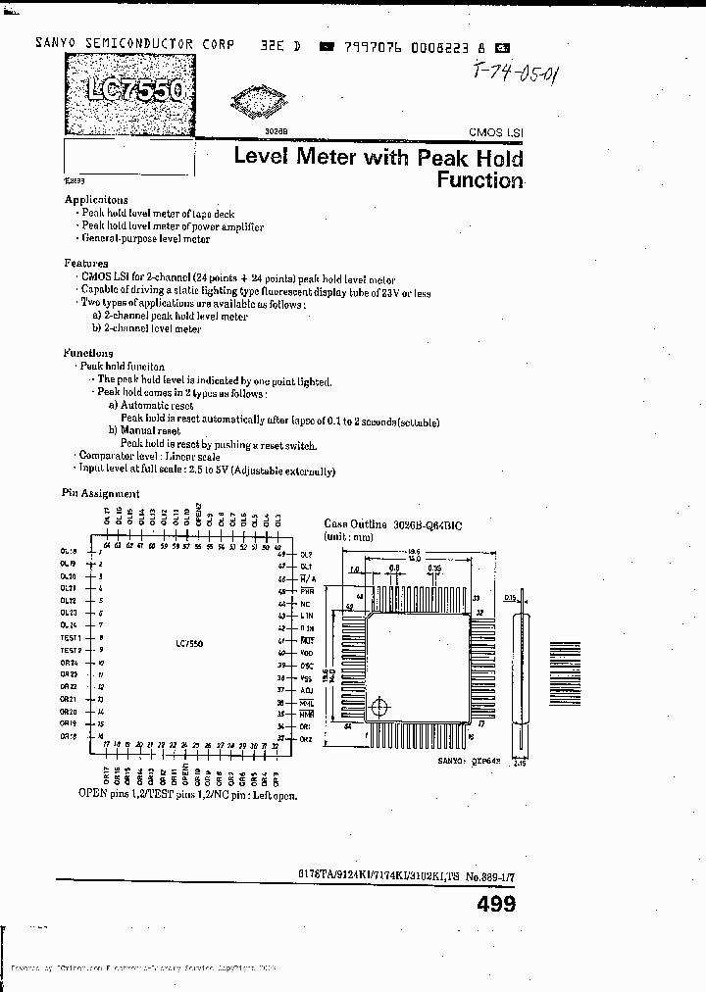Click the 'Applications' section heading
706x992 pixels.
click(x=95, y=199)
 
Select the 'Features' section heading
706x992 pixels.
click(x=86, y=264)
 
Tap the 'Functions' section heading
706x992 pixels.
click(x=88, y=353)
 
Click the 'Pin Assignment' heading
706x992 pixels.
click(x=100, y=494)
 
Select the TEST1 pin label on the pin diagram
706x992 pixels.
click(x=70, y=637)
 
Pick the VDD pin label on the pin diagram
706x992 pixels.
click(x=306, y=653)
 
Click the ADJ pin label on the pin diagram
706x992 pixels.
click(x=307, y=690)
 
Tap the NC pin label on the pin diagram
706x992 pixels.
click(x=306, y=604)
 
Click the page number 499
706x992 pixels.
click(x=495, y=904)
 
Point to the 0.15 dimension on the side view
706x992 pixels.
click(x=510, y=597)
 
